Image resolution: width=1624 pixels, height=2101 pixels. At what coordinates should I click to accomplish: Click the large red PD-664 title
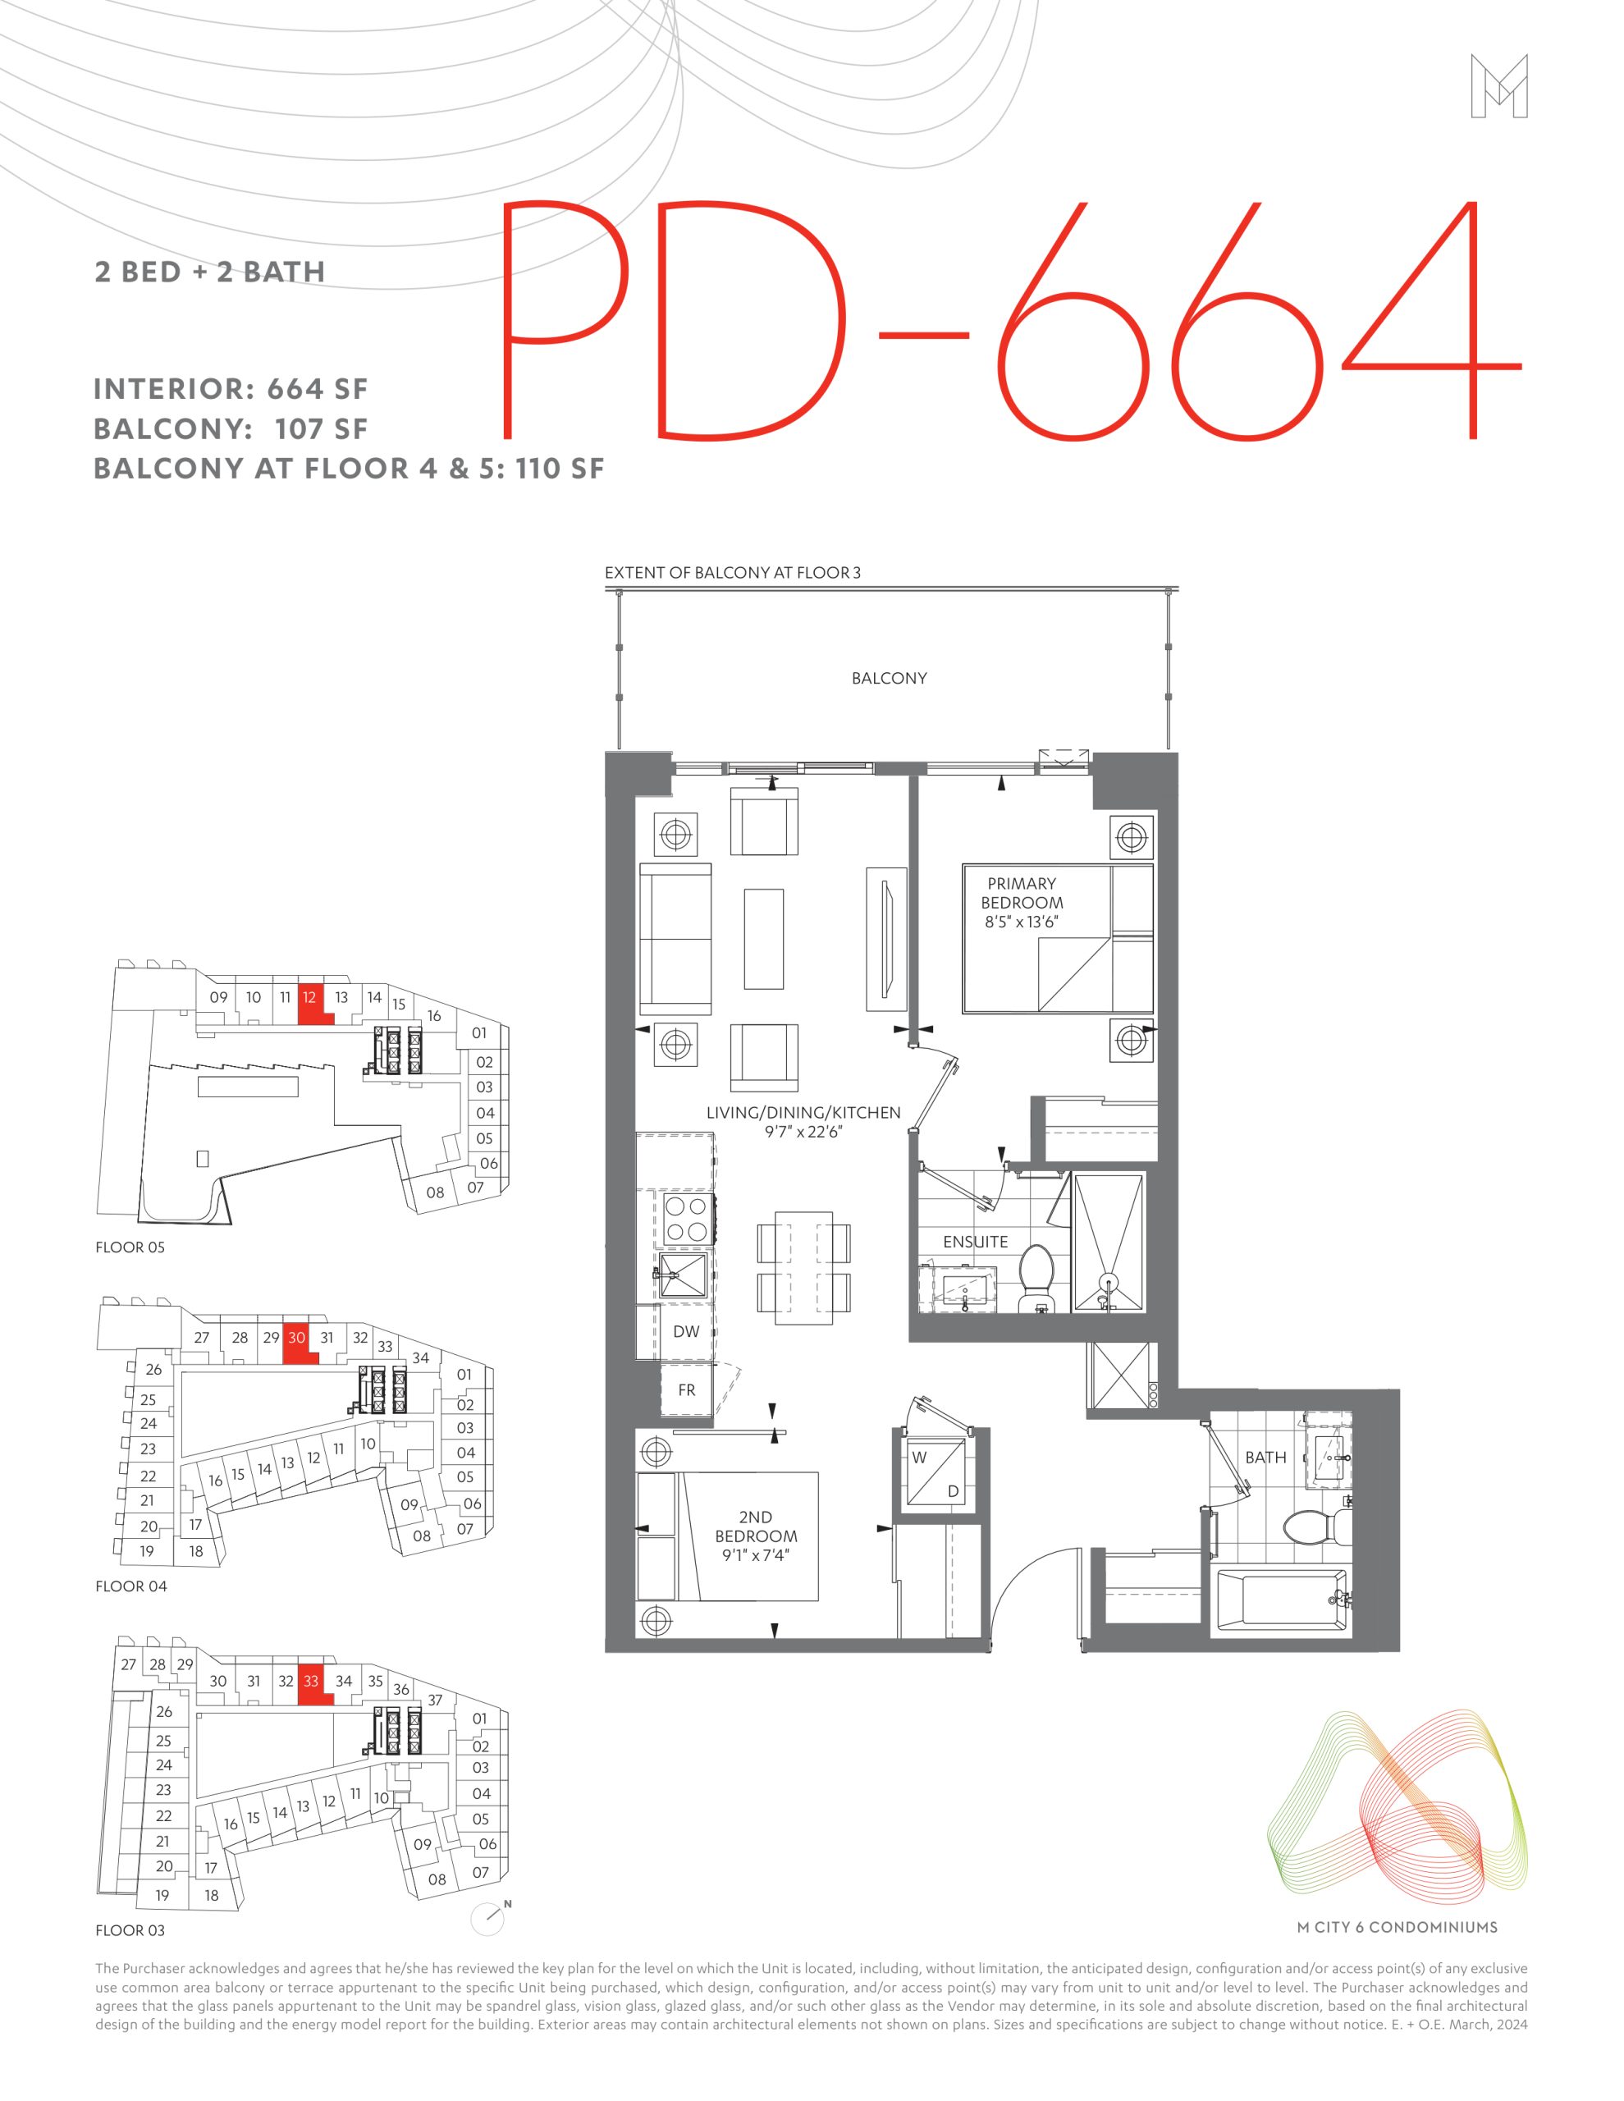(x=1010, y=319)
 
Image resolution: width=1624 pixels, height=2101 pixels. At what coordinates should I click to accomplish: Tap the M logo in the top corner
(x=1499, y=86)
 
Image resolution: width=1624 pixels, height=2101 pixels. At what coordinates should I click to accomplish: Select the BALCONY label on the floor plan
(x=889, y=678)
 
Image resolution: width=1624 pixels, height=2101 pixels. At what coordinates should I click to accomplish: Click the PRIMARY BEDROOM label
(x=1022, y=893)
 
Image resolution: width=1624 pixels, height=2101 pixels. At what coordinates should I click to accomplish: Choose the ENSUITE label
(x=976, y=1242)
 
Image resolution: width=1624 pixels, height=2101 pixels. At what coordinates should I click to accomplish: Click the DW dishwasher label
(x=686, y=1331)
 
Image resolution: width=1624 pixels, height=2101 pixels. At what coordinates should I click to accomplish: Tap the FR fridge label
(x=686, y=1390)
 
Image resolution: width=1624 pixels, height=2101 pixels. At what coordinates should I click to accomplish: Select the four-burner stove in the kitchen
(x=685, y=1219)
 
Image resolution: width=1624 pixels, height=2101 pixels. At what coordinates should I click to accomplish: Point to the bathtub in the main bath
(x=1280, y=1599)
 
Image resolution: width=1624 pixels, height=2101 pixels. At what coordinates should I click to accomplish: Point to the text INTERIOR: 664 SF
(x=231, y=390)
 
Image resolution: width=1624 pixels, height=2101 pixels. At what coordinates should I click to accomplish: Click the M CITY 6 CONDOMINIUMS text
(x=1397, y=1927)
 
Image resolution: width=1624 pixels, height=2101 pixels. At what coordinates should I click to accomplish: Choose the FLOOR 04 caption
(x=130, y=1586)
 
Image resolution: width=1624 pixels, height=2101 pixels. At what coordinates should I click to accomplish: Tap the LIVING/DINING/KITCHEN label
(x=803, y=1113)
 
